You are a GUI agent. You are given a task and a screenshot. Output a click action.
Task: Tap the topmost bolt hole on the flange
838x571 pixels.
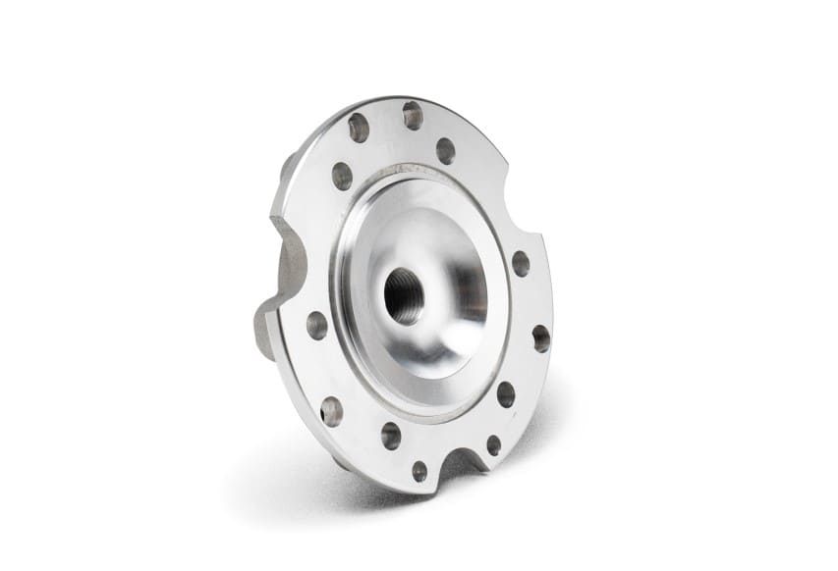pos(413,116)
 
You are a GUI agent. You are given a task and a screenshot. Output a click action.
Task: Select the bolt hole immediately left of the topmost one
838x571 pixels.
pos(359,128)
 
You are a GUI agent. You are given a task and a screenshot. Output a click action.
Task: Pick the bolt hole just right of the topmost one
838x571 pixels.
pos(445,151)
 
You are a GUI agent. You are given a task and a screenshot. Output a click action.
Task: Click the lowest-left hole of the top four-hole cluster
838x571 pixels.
pos(342,176)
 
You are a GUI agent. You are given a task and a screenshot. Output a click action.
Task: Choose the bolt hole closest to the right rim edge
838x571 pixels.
pos(540,338)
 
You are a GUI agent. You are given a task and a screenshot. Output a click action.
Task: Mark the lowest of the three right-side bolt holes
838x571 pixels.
pos(506,394)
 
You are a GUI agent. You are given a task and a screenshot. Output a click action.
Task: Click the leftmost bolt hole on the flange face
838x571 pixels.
pos(316,326)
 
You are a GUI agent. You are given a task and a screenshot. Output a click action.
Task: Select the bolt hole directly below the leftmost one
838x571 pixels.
pos(332,411)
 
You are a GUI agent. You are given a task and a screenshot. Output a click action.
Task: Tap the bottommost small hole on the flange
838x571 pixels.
pos(419,471)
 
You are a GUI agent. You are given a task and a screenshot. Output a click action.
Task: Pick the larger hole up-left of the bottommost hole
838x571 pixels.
pos(391,436)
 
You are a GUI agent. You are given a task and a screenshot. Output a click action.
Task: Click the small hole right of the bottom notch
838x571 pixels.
pos(493,444)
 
